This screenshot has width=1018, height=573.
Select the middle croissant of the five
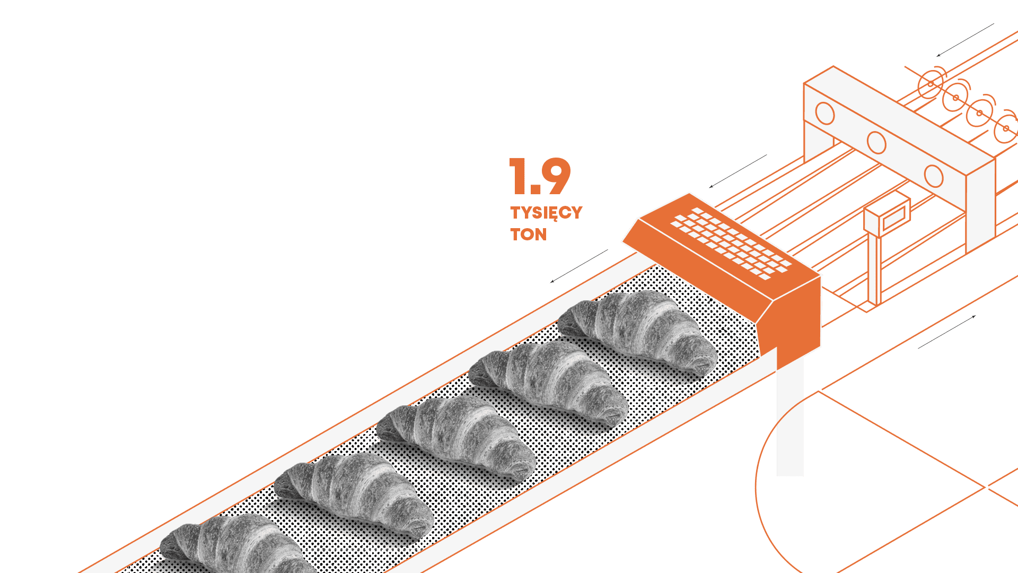tap(456, 438)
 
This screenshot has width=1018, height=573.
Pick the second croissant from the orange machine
tap(549, 383)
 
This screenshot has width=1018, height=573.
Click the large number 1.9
tap(540, 177)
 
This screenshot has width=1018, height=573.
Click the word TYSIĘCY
tap(546, 213)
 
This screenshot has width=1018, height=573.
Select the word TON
tap(528, 235)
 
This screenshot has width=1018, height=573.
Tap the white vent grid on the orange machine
tap(731, 244)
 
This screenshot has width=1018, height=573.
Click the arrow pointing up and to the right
tap(947, 332)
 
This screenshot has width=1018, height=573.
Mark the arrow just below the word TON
tap(579, 266)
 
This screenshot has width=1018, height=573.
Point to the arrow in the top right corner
tap(965, 40)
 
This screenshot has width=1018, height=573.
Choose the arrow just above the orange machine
tap(738, 171)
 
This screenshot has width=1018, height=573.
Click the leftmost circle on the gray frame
tap(825, 113)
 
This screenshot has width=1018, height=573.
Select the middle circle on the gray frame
tap(876, 142)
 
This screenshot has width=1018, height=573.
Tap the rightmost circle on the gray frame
tap(934, 176)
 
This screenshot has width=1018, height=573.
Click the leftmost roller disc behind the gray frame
tap(931, 84)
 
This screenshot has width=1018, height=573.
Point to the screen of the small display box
tap(894, 217)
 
